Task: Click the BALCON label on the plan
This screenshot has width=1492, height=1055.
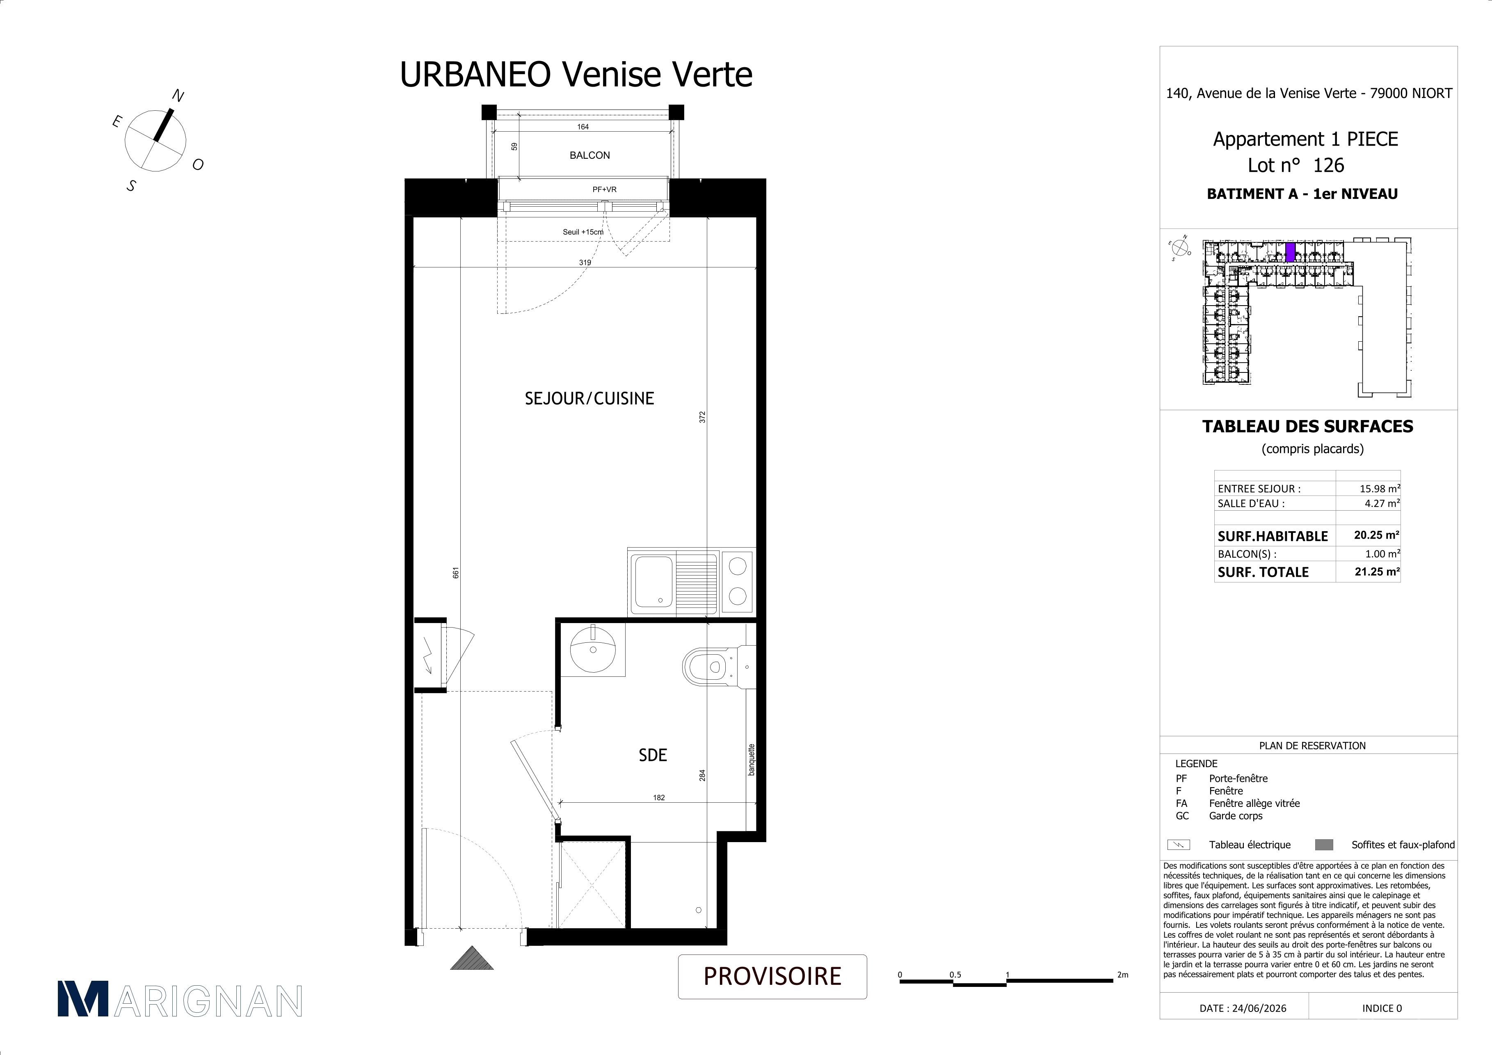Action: (x=589, y=155)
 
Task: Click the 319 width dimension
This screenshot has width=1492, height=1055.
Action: (x=585, y=263)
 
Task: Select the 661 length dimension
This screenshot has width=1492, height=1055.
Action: (x=456, y=573)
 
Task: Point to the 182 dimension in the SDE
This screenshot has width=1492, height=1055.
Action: (x=659, y=798)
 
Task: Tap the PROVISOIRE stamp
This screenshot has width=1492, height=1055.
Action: (x=772, y=976)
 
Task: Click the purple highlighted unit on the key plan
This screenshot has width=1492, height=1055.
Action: (x=1291, y=252)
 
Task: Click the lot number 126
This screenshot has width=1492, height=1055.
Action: (x=1329, y=166)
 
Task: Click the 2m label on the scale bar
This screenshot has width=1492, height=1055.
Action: (x=1123, y=975)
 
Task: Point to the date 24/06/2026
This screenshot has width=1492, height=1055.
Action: (x=1259, y=1008)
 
